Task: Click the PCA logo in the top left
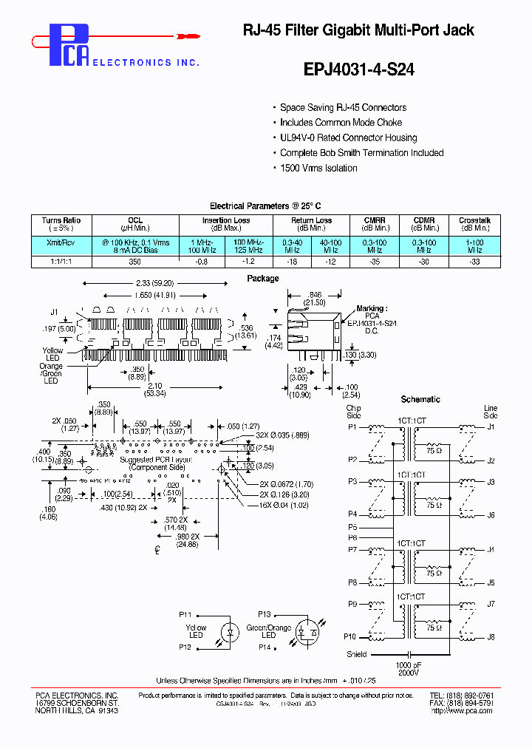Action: (x=70, y=44)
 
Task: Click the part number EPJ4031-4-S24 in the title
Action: (x=359, y=69)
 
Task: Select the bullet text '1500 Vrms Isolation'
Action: (x=318, y=169)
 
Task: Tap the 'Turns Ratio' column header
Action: (x=61, y=220)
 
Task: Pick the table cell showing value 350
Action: (x=135, y=262)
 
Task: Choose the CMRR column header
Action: (x=375, y=220)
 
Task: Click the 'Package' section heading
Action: (x=263, y=279)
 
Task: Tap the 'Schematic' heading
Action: (x=420, y=399)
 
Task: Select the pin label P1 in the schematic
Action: (x=352, y=426)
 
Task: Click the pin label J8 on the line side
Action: (x=491, y=636)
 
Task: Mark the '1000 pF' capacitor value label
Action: (x=407, y=664)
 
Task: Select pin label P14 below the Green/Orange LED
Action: (x=265, y=647)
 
